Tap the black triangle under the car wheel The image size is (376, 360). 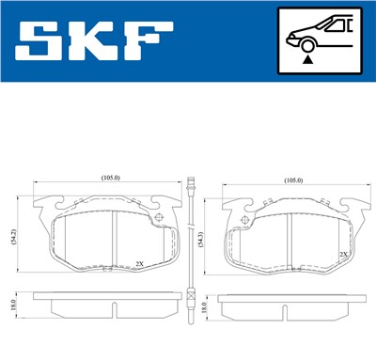click(x=307, y=58)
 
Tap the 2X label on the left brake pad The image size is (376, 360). click(x=140, y=263)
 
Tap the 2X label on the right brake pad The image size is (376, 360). click(x=343, y=254)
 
